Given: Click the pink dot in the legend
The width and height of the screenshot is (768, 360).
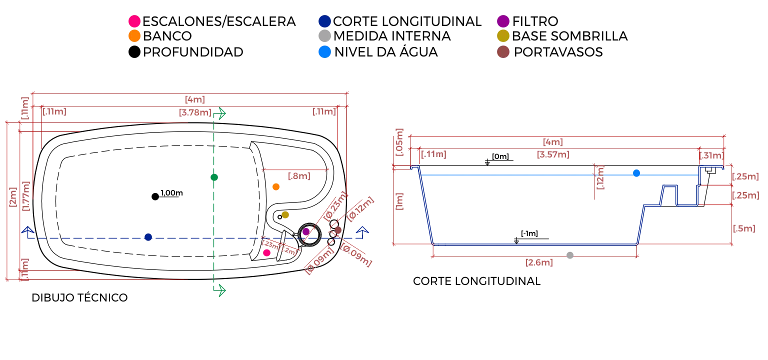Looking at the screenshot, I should [134, 21].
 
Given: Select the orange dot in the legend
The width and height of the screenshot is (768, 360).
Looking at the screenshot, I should [134, 36].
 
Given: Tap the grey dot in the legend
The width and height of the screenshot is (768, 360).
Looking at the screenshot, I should [324, 35].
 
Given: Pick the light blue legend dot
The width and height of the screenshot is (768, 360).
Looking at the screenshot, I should [324, 51].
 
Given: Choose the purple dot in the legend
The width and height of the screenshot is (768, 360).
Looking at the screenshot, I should [503, 21].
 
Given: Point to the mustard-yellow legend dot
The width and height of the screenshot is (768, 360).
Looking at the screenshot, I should [503, 35].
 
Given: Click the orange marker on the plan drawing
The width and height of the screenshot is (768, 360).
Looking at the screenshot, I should [276, 187].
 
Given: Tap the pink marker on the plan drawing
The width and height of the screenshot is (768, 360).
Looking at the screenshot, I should [267, 253].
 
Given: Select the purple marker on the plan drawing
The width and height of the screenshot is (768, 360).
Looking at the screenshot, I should [306, 232].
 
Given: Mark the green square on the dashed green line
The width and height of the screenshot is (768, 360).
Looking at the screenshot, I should [214, 177].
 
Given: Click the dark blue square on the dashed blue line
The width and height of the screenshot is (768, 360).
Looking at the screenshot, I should [148, 237].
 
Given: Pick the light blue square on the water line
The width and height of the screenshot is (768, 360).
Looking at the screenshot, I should [636, 173].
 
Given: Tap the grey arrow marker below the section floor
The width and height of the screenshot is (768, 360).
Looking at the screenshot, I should [569, 255].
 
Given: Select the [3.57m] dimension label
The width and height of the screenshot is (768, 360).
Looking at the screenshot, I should [553, 155].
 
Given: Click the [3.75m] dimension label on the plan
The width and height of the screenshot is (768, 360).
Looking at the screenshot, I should [193, 113].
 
